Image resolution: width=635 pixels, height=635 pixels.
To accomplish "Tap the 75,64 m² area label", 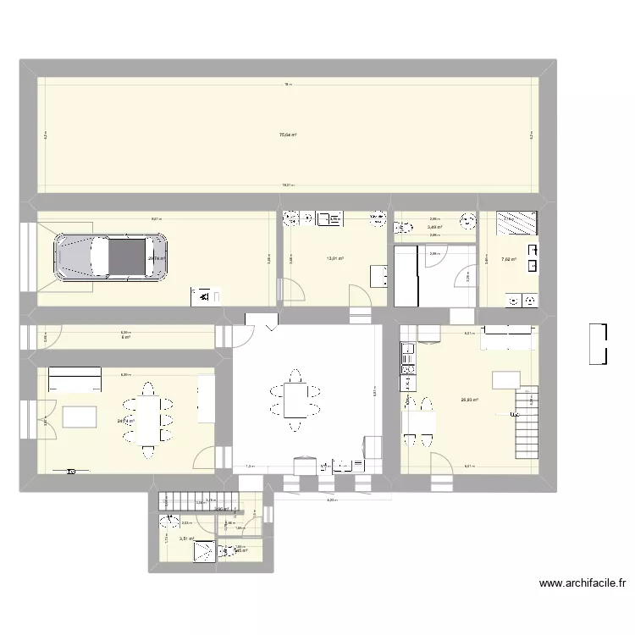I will tap(288, 134).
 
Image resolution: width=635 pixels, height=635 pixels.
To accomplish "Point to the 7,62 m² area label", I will tap(508, 260).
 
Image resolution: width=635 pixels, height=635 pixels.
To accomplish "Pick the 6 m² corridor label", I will tap(126, 337).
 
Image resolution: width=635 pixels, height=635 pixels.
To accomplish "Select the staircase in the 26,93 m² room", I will tap(527, 422).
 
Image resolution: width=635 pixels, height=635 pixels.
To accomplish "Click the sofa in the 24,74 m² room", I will tap(75, 374).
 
